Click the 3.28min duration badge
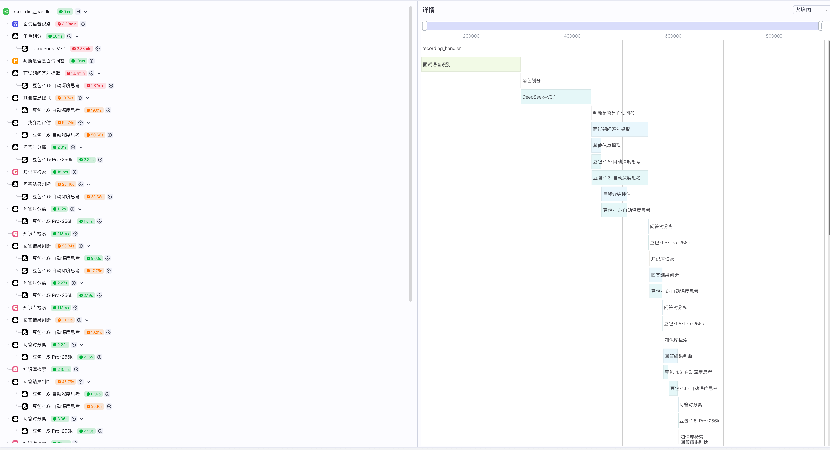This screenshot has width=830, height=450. pos(67,24)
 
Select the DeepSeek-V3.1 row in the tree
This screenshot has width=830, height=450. pos(49,49)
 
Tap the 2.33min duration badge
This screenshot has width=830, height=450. pos(82,49)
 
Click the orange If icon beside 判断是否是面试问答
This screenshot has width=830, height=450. pos(15,61)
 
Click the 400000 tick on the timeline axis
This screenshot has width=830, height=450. pos(572,36)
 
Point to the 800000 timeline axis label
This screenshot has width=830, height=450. pos(774,36)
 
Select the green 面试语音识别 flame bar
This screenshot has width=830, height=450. pos(471,64)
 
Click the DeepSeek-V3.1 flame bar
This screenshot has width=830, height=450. pos(556,97)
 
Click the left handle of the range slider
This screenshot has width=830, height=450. pos(425,26)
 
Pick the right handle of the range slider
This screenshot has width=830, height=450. pos(821,26)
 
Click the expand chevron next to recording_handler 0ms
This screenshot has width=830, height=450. pos(85,12)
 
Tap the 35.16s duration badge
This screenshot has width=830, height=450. pos(94,406)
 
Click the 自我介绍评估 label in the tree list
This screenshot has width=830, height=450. pos(37,122)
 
